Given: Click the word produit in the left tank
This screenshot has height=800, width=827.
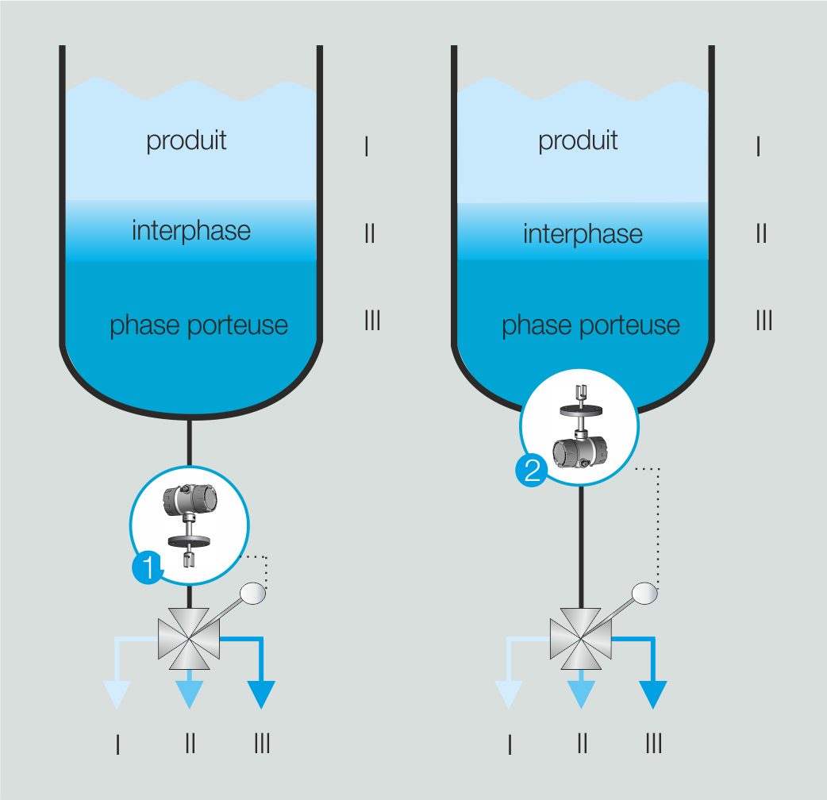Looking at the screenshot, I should [x=187, y=140].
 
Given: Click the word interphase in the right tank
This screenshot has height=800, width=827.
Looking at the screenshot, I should [x=583, y=234].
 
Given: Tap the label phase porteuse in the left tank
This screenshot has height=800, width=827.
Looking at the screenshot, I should [x=198, y=325].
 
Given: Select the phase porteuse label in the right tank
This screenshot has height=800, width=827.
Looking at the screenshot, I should [x=590, y=325].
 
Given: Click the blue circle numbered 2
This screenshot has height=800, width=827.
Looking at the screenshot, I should [x=531, y=471].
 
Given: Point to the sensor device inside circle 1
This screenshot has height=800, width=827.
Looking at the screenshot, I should [x=189, y=524].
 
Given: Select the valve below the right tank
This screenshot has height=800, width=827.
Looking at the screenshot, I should [x=581, y=637].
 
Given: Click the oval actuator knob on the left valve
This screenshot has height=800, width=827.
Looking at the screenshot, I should [x=254, y=592].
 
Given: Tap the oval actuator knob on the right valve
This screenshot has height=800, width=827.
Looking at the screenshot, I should [x=644, y=592].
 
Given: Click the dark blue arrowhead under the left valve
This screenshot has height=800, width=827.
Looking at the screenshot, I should [x=261, y=694].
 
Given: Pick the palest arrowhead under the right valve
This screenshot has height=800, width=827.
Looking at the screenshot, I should [x=509, y=694].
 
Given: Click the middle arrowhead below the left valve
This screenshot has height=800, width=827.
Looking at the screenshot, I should [x=190, y=694].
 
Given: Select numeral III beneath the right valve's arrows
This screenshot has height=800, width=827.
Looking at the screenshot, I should [x=654, y=744].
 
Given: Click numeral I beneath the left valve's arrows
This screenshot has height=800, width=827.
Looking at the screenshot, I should [x=117, y=744].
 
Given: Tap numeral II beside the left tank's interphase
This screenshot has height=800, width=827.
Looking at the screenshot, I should [x=369, y=234].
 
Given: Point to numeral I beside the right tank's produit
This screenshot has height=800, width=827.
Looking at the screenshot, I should [x=759, y=146].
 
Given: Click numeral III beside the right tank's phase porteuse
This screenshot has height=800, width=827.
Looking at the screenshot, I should [x=763, y=321].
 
